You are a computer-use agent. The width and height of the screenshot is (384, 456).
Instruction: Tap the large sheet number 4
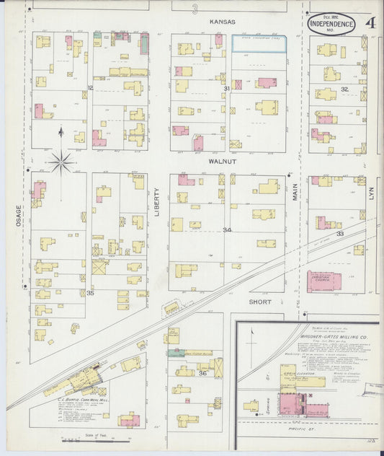tap(370, 22)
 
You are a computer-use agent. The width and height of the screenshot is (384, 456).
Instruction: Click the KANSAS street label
tap(223, 22)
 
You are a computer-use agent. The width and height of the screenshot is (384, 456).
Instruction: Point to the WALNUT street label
tap(223, 162)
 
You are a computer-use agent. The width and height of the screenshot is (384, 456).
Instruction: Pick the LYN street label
tap(372, 194)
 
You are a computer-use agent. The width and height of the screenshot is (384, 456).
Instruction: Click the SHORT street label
tap(260, 300)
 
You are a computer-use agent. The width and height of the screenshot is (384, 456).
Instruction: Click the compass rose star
tap(61, 162)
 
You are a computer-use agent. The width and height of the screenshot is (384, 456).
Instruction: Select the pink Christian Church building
tap(324, 281)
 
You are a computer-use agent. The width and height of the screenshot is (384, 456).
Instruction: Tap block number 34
tap(227, 230)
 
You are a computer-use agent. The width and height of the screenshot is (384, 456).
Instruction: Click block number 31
tap(226, 89)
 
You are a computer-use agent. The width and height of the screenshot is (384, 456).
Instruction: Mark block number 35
tap(90, 292)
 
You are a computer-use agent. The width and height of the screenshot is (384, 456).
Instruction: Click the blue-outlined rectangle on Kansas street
tap(258, 43)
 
